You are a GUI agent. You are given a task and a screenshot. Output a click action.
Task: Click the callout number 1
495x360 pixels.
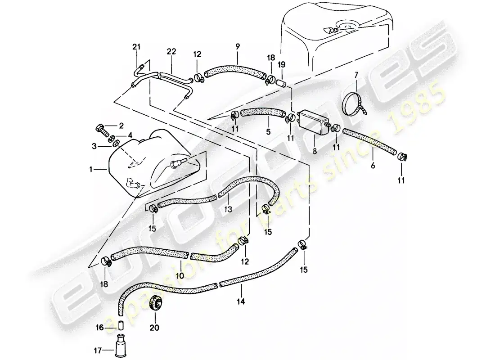(92, 170)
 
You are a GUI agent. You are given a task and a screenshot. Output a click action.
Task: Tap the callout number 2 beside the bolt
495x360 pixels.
(121, 126)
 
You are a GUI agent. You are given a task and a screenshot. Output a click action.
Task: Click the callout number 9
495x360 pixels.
(238, 46)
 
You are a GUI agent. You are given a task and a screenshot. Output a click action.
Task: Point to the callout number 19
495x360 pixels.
(282, 64)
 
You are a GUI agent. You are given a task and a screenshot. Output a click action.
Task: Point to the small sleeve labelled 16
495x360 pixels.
(121, 326)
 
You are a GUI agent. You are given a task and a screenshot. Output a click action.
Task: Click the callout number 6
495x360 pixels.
(373, 165)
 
